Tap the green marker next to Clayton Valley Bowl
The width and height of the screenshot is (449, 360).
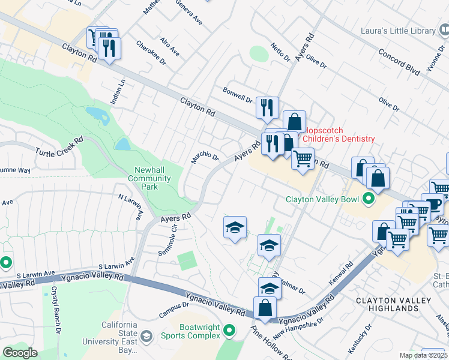369,199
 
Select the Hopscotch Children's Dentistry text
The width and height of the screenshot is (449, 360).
339,134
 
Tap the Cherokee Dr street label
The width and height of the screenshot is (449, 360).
151,50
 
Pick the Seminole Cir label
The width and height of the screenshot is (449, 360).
167,235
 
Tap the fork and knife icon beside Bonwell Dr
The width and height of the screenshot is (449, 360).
266,108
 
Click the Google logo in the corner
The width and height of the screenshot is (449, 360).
20,353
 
